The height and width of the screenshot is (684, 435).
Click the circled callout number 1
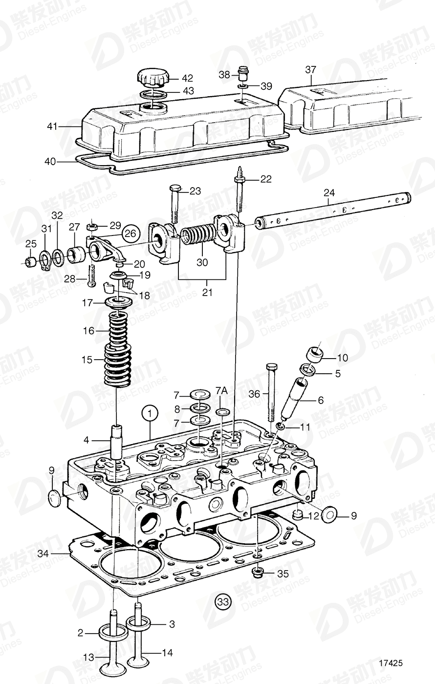150,413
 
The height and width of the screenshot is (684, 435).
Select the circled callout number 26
130,234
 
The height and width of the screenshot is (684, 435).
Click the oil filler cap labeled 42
153,77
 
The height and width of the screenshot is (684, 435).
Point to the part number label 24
329,193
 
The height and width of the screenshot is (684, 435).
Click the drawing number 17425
391,663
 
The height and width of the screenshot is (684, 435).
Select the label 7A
221,391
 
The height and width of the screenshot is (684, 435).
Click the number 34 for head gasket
43,554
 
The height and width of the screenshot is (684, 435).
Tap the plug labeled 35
258,572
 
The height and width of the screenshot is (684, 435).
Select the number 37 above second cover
311,70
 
